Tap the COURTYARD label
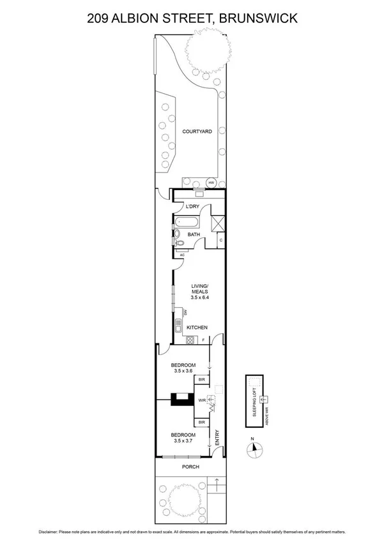[x=197, y=132]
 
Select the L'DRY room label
[x=192, y=207]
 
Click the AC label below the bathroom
[x=181, y=255]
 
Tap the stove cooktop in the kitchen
[x=190, y=340]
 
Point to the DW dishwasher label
[x=185, y=312]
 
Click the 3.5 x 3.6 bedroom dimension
[x=183, y=370]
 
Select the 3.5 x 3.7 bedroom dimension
[x=183, y=440]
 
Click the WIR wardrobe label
[x=201, y=402]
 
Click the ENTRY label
[x=217, y=437]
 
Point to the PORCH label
[x=190, y=467]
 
